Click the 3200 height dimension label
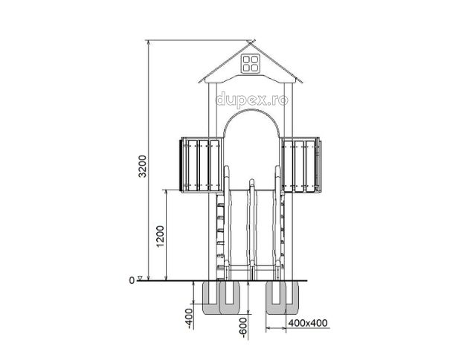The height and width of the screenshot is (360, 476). (x=142, y=167)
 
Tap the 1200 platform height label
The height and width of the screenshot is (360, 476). (x=161, y=237)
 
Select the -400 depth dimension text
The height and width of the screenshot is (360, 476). (x=190, y=318)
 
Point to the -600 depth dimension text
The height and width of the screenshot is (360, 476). (x=243, y=328)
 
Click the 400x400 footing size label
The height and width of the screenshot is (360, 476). (x=308, y=323)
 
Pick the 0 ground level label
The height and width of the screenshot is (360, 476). (x=132, y=280)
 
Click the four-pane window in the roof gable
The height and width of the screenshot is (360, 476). (x=251, y=63)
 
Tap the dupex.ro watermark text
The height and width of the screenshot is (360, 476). (x=251, y=99)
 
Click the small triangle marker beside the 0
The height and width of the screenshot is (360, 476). (x=140, y=277)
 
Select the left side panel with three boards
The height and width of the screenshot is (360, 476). (x=202, y=165)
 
